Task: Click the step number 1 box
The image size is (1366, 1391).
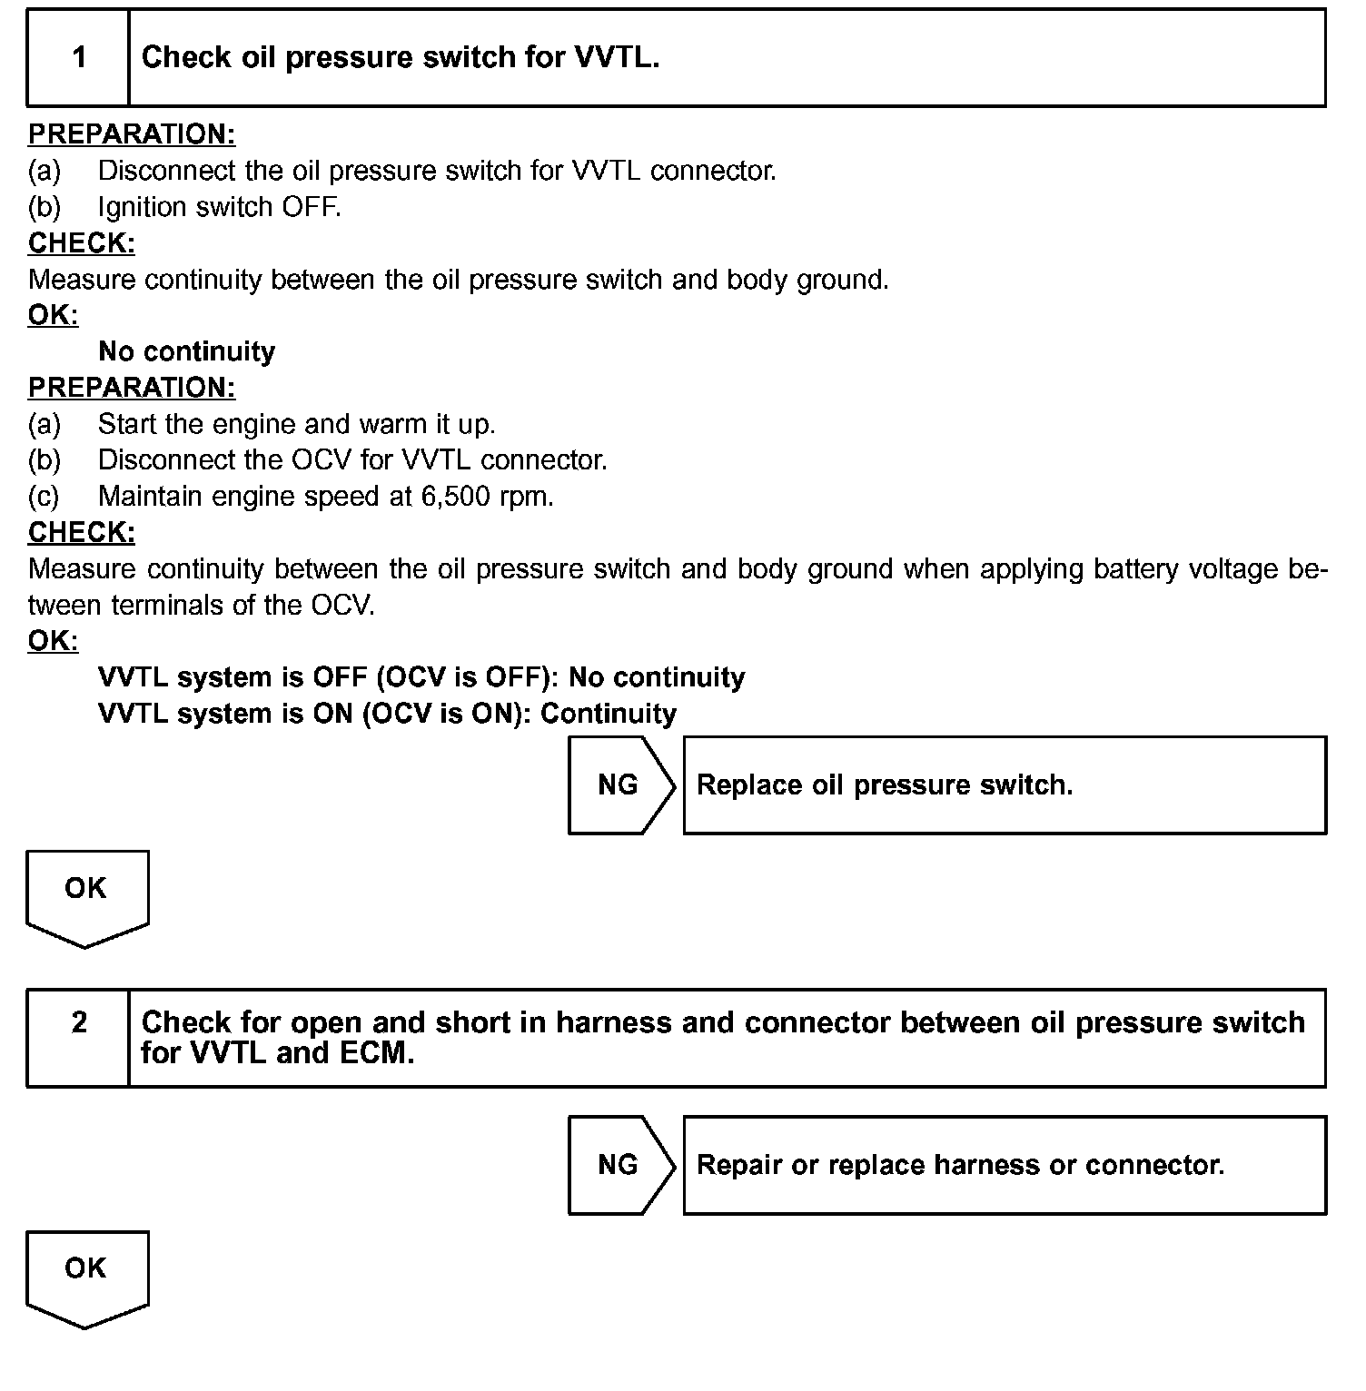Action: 79,58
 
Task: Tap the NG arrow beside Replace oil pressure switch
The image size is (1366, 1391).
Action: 620,785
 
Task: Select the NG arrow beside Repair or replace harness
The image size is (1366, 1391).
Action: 620,1165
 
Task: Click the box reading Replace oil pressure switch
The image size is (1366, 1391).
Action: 1004,785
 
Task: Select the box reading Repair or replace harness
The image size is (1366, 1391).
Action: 1004,1165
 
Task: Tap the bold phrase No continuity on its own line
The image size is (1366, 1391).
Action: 186,351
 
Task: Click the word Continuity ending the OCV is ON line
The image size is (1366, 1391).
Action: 609,714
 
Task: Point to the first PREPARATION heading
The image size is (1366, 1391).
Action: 132,134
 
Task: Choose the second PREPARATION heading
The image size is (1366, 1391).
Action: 132,388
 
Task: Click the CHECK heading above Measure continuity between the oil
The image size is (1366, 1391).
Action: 82,243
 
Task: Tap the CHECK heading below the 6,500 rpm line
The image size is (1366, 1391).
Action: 82,532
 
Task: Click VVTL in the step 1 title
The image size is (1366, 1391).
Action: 615,58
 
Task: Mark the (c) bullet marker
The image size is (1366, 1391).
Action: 44,497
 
